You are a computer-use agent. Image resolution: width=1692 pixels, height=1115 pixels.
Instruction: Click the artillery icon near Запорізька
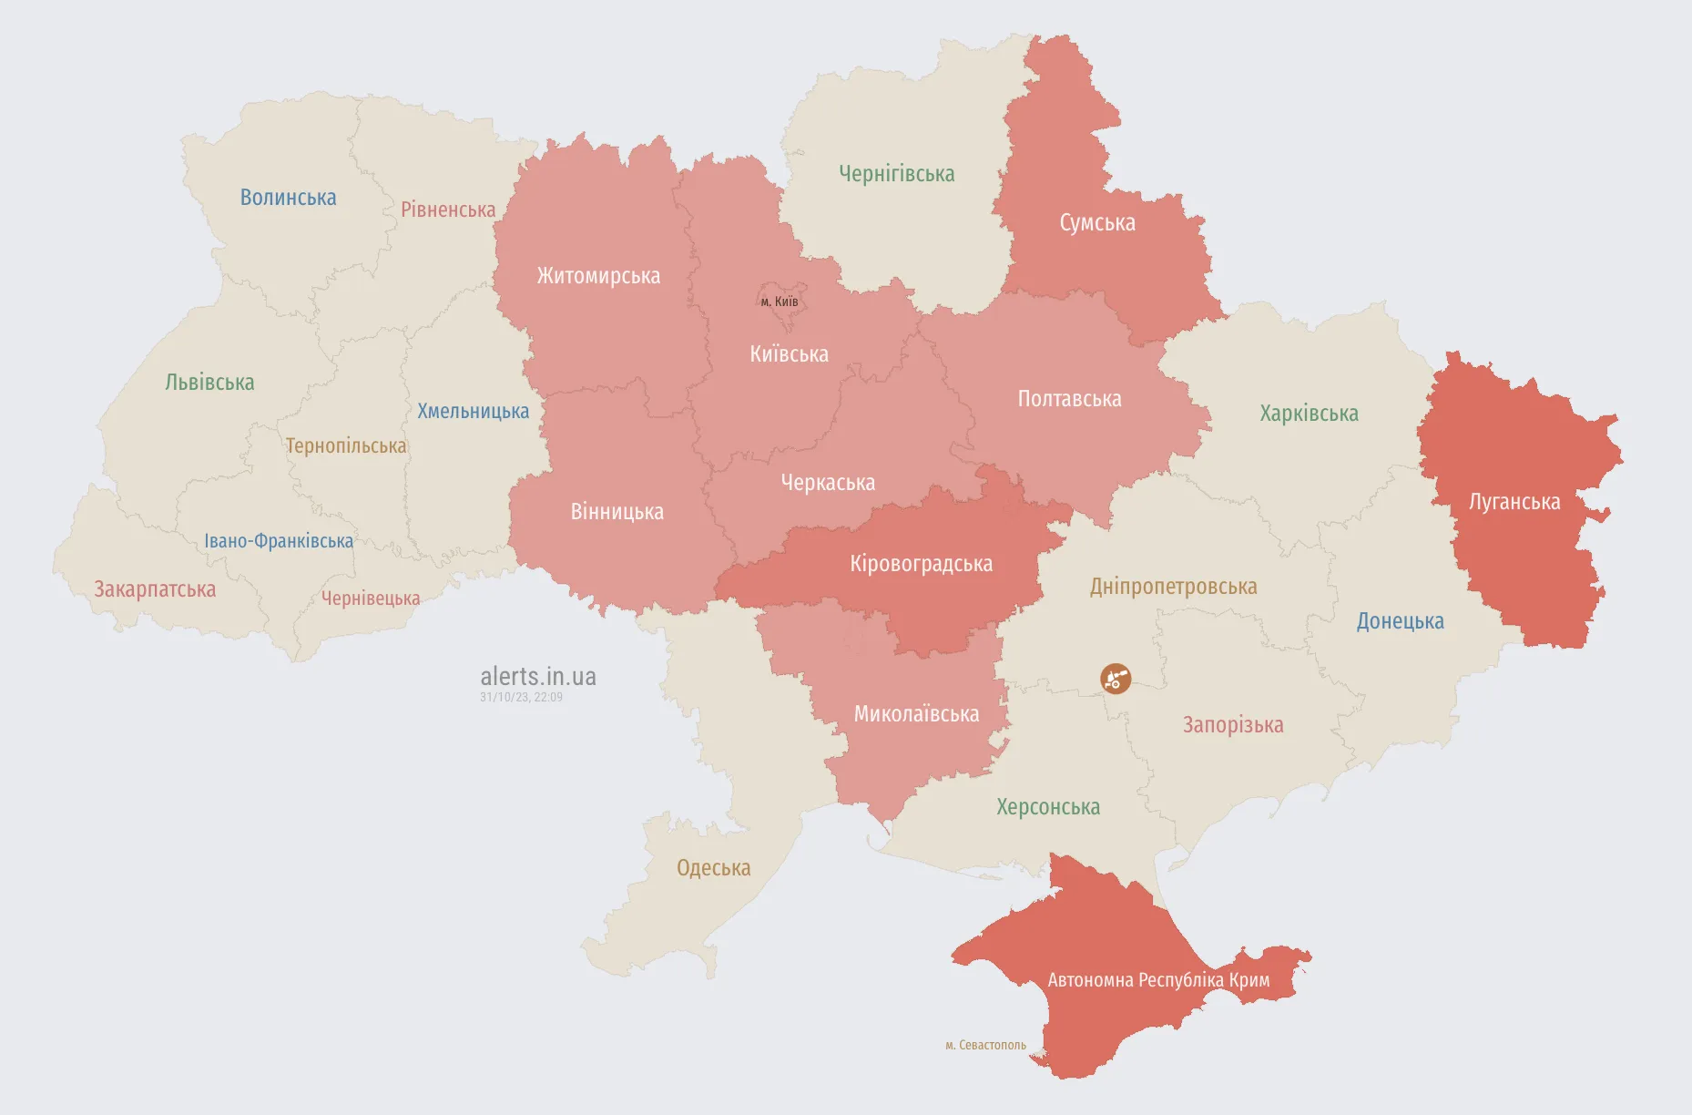1116,678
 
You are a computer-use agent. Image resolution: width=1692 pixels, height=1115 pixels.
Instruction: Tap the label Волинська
288,198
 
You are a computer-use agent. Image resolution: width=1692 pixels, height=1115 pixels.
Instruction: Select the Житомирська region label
598,276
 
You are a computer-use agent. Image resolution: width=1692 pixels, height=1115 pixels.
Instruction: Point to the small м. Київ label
780,302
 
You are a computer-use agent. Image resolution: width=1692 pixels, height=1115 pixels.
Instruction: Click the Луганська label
1514,502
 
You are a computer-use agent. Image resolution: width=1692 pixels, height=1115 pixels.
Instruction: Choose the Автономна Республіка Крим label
1158,980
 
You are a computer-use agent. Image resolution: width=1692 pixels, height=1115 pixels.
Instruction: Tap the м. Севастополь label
985,1045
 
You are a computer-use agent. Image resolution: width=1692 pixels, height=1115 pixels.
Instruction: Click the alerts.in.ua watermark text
537,676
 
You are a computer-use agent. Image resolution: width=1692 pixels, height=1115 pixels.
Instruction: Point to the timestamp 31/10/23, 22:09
521,698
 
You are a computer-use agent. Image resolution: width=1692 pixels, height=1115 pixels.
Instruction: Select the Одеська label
713,868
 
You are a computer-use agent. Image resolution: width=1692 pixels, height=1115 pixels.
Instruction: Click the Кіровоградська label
921,564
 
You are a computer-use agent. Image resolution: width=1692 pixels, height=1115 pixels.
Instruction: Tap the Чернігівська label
896,174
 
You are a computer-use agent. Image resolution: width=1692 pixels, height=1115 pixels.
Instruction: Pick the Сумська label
1096,223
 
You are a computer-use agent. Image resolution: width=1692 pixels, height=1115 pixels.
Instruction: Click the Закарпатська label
155,589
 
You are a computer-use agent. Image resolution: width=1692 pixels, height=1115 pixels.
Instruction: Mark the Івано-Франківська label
279,541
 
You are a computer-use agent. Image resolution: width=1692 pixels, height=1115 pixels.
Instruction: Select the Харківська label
1309,414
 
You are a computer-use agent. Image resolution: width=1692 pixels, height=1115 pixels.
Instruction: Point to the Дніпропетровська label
1173,587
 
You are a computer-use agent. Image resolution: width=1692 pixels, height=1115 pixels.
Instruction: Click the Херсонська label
1047,807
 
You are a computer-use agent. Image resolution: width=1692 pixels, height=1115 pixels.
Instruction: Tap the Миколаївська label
916,714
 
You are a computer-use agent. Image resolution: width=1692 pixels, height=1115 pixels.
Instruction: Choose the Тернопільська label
346,446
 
